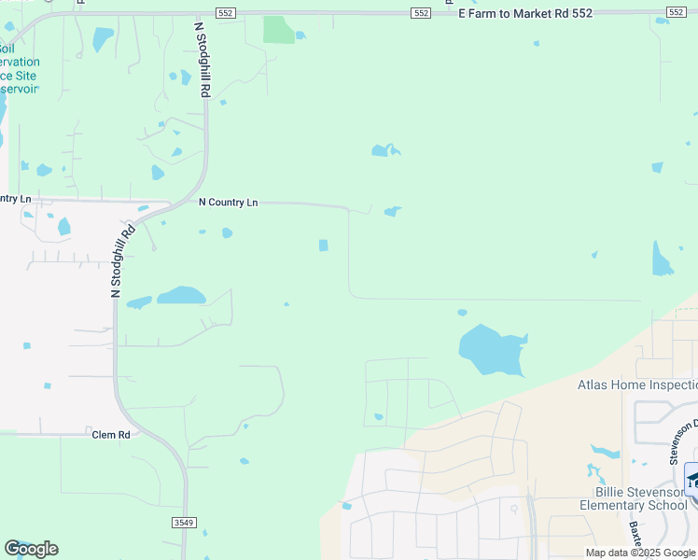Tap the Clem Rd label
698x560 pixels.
(x=110, y=435)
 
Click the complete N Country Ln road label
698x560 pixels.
(x=228, y=202)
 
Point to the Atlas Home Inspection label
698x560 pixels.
(x=637, y=385)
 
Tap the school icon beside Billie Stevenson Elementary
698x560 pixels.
(x=691, y=480)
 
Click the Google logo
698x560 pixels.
(x=31, y=548)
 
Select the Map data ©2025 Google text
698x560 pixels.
(x=641, y=553)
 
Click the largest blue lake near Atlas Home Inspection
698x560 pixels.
(x=491, y=351)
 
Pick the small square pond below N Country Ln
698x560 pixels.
(x=324, y=245)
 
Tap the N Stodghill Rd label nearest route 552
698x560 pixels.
(x=202, y=62)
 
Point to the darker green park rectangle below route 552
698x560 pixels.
(x=278, y=30)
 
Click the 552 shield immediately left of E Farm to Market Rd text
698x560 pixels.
(x=421, y=12)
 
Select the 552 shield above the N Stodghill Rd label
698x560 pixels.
(x=225, y=12)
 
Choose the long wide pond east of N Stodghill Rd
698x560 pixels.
(x=181, y=296)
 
